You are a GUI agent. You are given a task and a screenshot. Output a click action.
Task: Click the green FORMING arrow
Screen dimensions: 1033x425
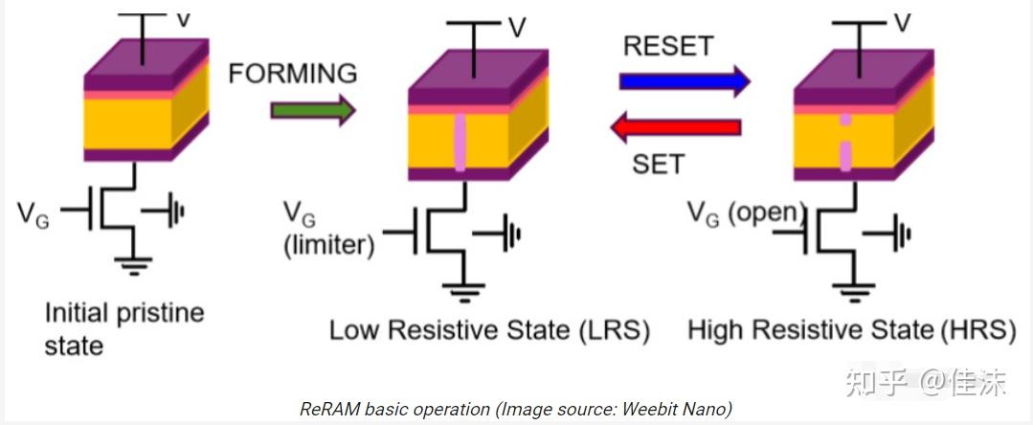pos(312,109)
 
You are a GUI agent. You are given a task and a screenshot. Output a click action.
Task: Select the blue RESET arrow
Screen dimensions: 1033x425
pos(685,80)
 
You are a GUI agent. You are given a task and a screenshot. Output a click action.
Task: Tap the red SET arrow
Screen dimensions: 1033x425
pos(676,127)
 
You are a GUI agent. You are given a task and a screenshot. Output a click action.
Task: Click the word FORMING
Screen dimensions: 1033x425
pos(293,73)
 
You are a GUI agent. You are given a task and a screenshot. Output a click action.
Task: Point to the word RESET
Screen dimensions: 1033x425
pos(668,46)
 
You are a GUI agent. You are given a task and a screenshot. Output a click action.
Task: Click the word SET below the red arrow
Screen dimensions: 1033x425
pos(658,164)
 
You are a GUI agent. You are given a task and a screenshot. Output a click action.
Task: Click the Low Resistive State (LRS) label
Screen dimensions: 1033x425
pos(489,330)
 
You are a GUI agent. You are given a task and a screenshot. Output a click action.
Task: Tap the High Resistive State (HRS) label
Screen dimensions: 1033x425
pos(851,330)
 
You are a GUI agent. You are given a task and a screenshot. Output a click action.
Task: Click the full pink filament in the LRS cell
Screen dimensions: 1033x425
pos(460,143)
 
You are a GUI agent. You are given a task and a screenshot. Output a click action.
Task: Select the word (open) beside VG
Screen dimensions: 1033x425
pos(768,212)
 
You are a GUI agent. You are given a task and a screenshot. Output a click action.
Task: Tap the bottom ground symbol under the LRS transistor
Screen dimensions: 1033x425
pos(463,291)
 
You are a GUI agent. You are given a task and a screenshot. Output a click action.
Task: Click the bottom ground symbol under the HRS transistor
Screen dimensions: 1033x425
pos(854,291)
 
